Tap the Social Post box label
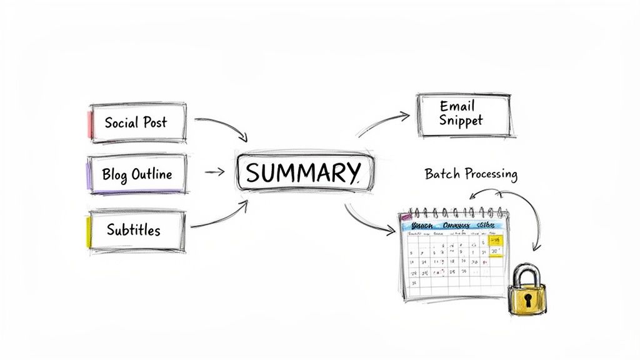[136, 122]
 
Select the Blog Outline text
[137, 174]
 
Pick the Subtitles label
[133, 229]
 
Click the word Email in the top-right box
[457, 106]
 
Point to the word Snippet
[461, 120]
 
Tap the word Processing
[491, 174]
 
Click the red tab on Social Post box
[91, 123]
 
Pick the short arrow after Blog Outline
[215, 171]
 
